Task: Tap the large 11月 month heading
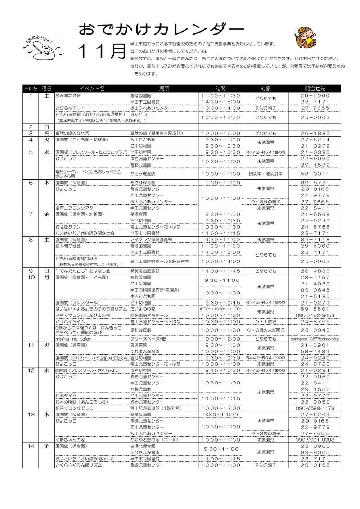[x=102, y=51]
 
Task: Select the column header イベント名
[x=92, y=89]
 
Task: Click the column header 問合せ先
[x=315, y=89]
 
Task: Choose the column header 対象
[x=265, y=89]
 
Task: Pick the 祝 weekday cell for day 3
[x=46, y=133]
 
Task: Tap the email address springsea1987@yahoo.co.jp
[x=315, y=339]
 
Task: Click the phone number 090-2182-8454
[x=315, y=315]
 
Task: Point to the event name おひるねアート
[x=70, y=108]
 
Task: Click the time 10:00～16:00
[x=221, y=133]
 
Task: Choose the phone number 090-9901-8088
[x=315, y=440]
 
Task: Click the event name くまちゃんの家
[x=70, y=440]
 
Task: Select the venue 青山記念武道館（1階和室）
[x=156, y=408]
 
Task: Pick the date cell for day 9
[x=31, y=271]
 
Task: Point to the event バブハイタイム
[x=70, y=322]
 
